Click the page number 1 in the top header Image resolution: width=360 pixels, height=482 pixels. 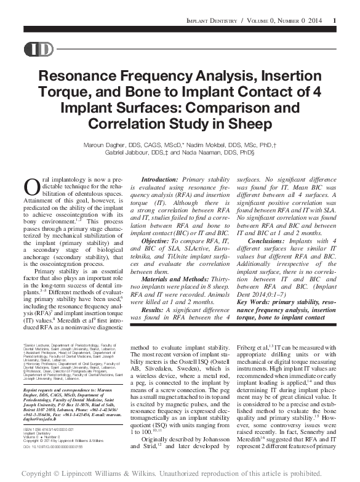(334, 21)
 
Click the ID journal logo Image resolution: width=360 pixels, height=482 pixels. (38, 50)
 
